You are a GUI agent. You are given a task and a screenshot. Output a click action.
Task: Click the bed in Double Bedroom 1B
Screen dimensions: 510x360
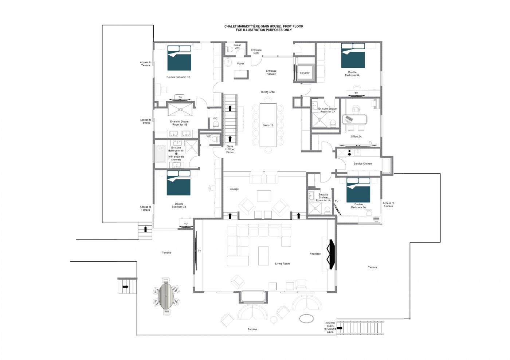tap(179, 58)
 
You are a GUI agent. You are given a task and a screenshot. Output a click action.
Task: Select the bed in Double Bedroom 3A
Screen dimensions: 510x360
tap(353, 55)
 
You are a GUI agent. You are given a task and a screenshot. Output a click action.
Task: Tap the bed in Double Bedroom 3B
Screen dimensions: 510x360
tap(178, 183)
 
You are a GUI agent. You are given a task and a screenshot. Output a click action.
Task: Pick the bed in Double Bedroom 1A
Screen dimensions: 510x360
tap(358, 190)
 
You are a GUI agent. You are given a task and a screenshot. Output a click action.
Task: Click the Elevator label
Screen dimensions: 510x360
tap(305, 73)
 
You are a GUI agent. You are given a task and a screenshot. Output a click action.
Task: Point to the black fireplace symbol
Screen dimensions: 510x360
tap(331, 254)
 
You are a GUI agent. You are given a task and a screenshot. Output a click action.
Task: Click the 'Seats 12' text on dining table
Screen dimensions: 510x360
tap(268, 125)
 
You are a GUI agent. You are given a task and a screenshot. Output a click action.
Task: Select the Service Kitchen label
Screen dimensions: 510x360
tap(363, 163)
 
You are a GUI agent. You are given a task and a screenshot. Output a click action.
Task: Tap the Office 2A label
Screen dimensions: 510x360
tap(356, 137)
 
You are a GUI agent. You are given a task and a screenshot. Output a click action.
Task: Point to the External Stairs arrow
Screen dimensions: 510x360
tap(340, 328)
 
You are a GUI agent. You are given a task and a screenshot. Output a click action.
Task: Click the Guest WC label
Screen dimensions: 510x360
tap(237, 47)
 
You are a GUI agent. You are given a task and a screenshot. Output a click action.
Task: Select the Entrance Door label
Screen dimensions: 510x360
tap(256, 51)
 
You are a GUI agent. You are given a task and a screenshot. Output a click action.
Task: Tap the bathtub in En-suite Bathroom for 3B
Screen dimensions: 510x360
tap(161, 154)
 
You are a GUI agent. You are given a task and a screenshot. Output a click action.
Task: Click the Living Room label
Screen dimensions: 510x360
tap(282, 264)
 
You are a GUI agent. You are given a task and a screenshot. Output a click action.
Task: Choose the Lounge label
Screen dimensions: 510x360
tap(234, 189)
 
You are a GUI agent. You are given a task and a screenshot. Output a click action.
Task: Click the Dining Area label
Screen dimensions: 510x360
tap(268, 92)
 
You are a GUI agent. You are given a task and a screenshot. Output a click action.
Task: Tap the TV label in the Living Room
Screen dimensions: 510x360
tap(200, 251)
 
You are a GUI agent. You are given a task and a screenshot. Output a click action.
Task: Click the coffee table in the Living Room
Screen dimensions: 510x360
tap(263, 256)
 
